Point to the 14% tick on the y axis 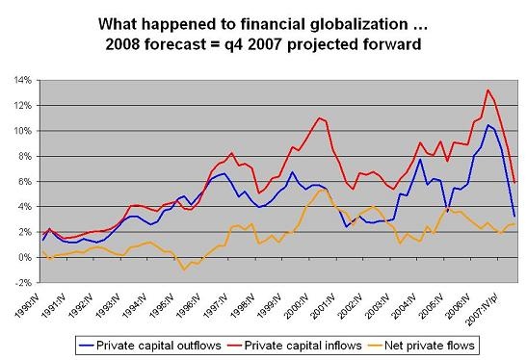22,80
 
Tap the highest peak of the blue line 488,125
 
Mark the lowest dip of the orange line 184,270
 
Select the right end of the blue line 514,216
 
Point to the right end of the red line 514,182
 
